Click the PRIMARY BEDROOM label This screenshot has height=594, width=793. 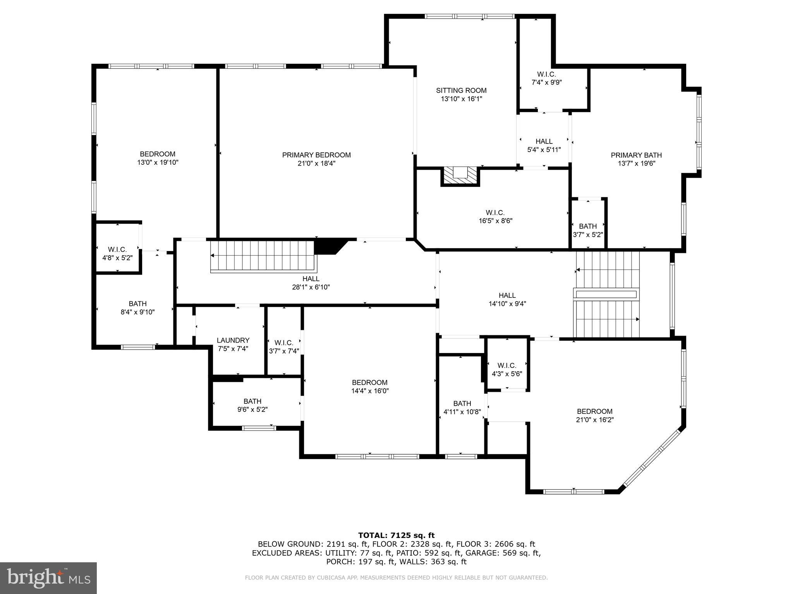pos(316,155)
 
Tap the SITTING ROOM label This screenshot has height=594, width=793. pos(461,90)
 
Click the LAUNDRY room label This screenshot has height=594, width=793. pos(233,340)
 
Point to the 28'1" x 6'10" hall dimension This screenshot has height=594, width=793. pos(311,287)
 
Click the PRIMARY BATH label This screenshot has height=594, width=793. pos(636,155)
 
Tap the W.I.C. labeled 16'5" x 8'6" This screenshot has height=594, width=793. pos(495,217)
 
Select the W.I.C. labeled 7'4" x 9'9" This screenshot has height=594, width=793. pos(546,78)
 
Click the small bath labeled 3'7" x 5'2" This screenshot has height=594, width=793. pos(588,230)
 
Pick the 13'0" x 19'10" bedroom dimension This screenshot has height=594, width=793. pos(158,162)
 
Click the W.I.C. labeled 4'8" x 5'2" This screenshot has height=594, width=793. pos(117,253)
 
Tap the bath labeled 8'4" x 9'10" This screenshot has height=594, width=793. pos(137,308)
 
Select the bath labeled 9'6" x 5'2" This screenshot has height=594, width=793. pos(252,405)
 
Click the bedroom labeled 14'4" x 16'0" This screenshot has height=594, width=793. pos(370,386)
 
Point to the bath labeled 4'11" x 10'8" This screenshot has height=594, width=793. pos(462,408)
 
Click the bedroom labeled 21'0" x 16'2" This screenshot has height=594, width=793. pos(594,415)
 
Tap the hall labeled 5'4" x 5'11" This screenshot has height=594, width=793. pos(544,145)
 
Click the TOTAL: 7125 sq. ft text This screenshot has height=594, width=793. pos(396,535)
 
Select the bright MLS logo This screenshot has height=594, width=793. pos(48,578)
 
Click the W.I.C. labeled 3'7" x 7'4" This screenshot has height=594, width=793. pos(284,346)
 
